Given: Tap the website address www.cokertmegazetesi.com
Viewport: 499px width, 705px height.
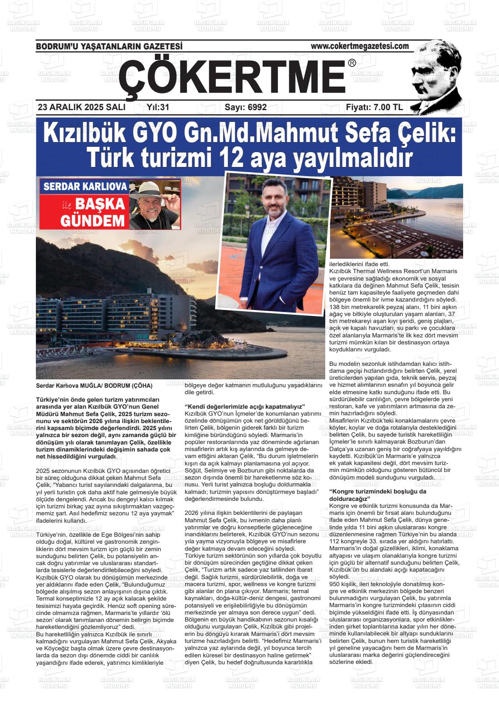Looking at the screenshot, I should pos(359,46).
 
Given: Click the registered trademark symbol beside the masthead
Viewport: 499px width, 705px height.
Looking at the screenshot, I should pos(352,63).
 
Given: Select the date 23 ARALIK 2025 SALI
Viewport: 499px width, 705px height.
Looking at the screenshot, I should pos(81,108).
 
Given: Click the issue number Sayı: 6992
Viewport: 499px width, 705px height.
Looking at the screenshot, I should pos(245,108).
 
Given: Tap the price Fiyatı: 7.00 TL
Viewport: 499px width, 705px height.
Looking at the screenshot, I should pos(374,108).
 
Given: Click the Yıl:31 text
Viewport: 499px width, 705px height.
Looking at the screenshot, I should pos(158,108).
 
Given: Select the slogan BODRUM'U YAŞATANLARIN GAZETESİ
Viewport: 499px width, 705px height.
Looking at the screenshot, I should pos(109,46).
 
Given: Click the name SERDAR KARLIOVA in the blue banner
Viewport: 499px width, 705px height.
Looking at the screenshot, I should pos(85,187).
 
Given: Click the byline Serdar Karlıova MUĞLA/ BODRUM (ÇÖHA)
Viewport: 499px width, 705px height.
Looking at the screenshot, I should pos(95,386).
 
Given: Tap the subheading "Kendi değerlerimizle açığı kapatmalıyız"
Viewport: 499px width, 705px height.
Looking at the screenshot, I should pos(245,406).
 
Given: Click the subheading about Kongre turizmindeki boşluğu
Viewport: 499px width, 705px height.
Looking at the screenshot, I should pos(377,495).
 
